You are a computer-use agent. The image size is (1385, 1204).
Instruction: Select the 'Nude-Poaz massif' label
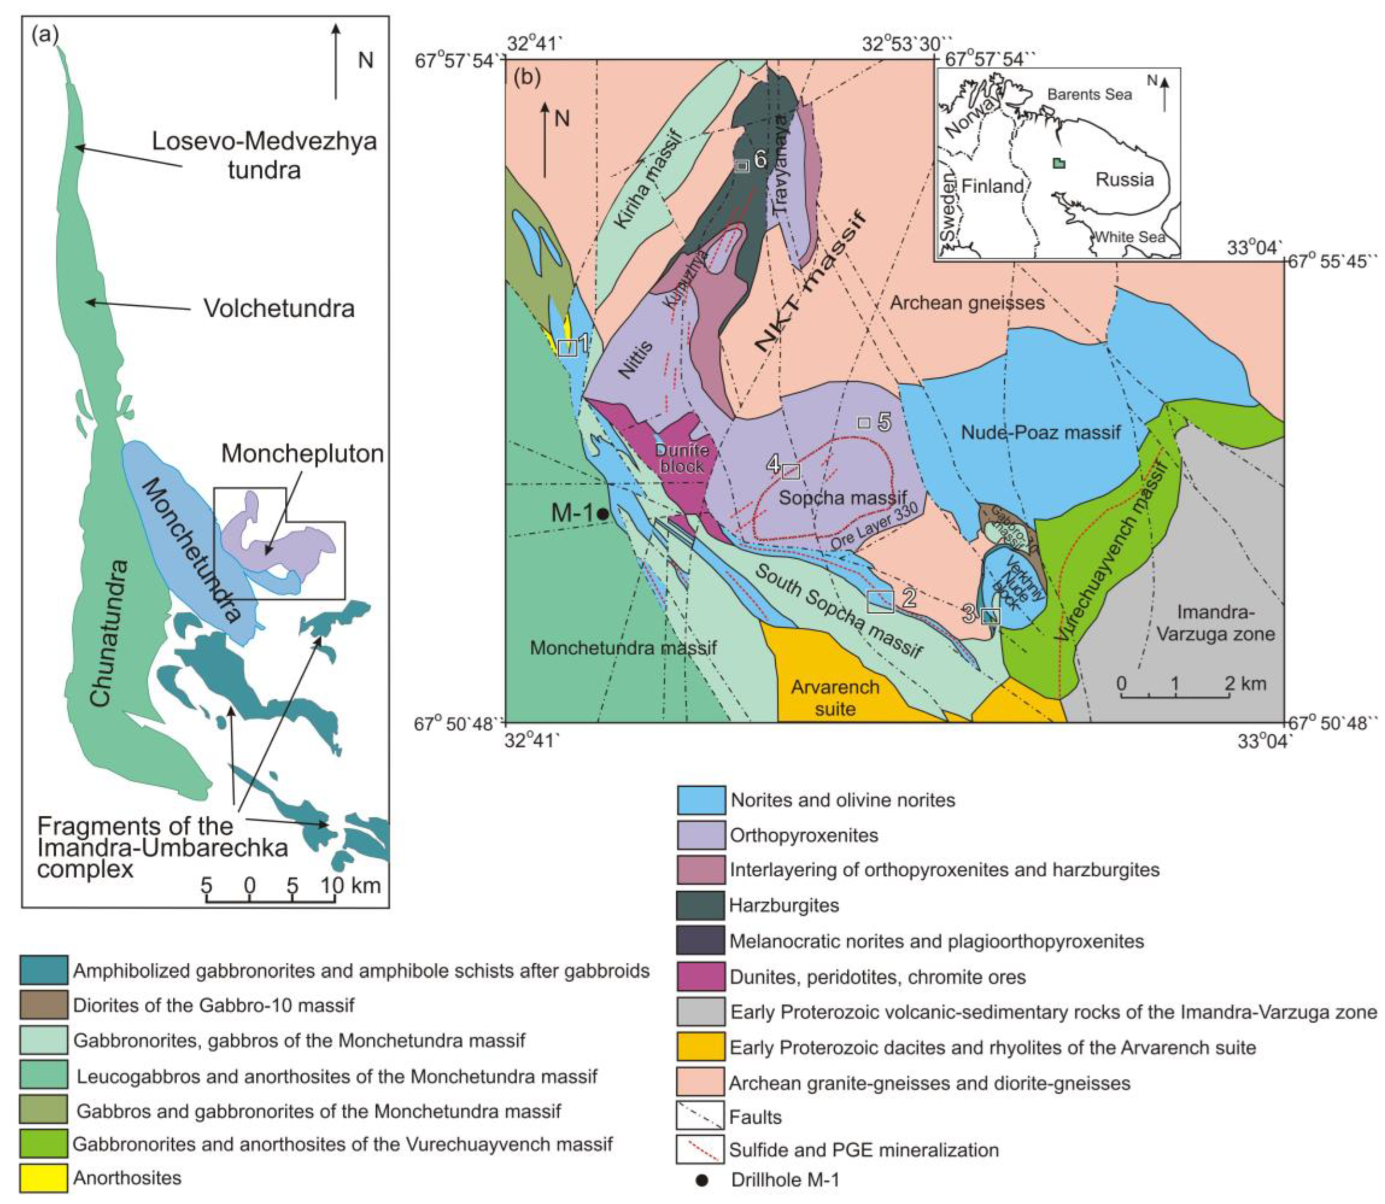tap(1040, 432)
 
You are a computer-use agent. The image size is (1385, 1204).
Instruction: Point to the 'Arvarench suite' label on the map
tap(835, 697)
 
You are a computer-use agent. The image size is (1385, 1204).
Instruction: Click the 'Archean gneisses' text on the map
tap(967, 303)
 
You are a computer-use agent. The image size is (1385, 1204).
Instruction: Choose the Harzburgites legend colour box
tap(700, 905)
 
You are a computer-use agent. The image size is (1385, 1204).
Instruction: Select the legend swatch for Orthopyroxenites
tap(700, 835)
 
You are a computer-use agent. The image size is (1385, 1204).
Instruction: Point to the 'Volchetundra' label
tap(279, 308)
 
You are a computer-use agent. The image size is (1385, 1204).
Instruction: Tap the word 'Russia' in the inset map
tap(1124, 179)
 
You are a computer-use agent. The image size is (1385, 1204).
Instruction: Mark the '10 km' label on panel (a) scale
tap(350, 885)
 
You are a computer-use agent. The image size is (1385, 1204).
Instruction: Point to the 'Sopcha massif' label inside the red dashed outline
tap(843, 498)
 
